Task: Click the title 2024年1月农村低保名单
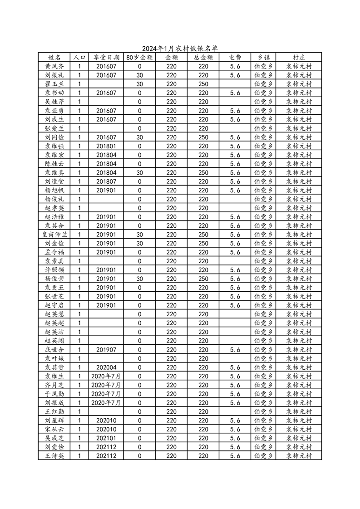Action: point(180,49)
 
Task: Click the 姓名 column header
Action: point(54,58)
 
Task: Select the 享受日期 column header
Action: point(107,58)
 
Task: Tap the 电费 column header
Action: point(235,58)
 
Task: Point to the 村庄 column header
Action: point(299,58)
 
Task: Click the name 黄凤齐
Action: point(54,66)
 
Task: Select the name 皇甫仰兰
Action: point(54,235)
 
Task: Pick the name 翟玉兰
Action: point(54,84)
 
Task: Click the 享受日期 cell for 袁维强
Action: point(107,146)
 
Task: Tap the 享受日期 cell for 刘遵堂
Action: point(107,181)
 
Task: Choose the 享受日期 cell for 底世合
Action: point(107,350)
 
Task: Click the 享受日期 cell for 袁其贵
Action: point(107,367)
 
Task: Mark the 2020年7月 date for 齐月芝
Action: point(107,385)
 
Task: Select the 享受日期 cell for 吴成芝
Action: point(107,438)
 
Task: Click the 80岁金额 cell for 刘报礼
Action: point(139,75)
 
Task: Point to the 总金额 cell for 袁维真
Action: point(203,173)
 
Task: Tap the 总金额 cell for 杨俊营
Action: point(203,279)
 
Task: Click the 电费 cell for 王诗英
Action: point(235,456)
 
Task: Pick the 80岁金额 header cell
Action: point(139,58)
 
